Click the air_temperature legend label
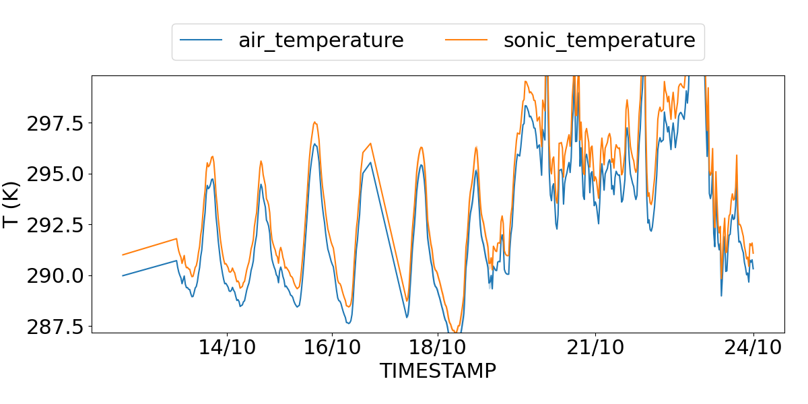[321, 40]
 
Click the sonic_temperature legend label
[599, 40]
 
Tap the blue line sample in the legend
[201, 40]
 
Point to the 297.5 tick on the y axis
[55, 123]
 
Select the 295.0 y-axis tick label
[55, 174]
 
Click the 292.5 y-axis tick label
[55, 225]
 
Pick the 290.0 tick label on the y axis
[55, 275]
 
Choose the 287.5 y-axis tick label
[55, 327]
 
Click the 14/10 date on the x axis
[227, 348]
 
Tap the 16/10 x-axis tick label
[332, 348]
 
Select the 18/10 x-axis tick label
[438, 348]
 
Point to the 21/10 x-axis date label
[595, 348]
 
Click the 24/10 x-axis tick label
[753, 348]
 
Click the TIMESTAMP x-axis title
[438, 371]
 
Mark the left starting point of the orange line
[123, 255]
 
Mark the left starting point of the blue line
[123, 275]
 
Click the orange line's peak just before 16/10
[314, 122]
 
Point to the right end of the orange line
[753, 253]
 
